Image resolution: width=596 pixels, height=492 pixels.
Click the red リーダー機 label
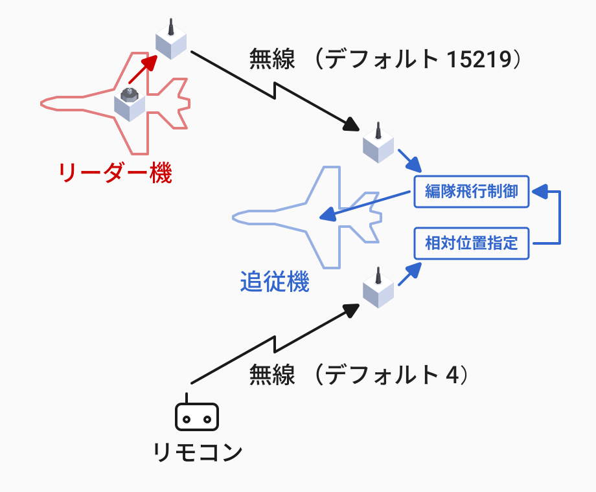click(115, 173)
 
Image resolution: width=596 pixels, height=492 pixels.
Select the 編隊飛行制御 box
click(472, 192)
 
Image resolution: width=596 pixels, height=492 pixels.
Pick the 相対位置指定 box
click(472, 243)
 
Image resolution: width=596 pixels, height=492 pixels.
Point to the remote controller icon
click(197, 417)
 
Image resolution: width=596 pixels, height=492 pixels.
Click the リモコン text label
click(198, 452)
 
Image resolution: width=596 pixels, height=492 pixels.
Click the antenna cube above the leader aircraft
click(171, 41)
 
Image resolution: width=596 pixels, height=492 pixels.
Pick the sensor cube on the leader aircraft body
click(130, 104)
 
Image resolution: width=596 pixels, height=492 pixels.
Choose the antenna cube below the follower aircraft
click(378, 290)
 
